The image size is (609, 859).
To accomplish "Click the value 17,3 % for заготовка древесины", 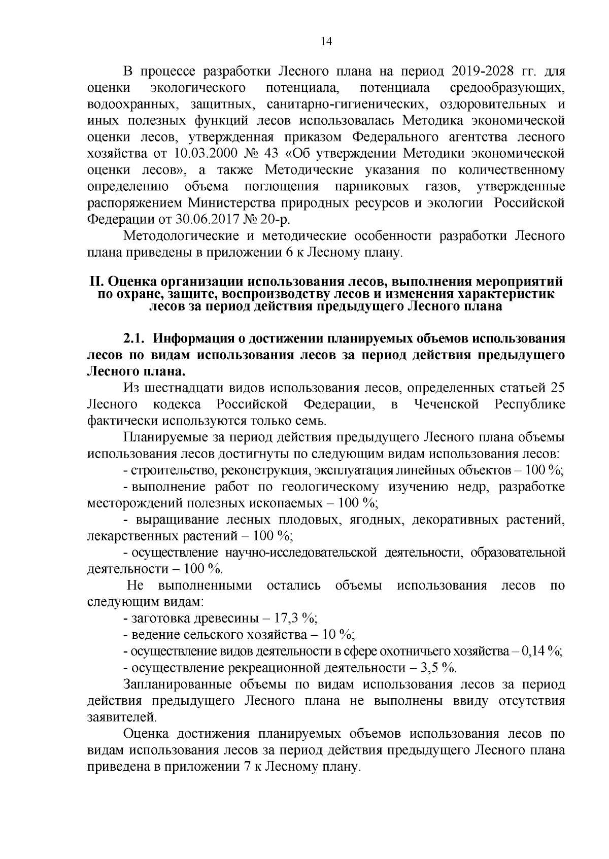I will (295, 619).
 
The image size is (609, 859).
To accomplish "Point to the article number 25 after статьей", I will (557, 388).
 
